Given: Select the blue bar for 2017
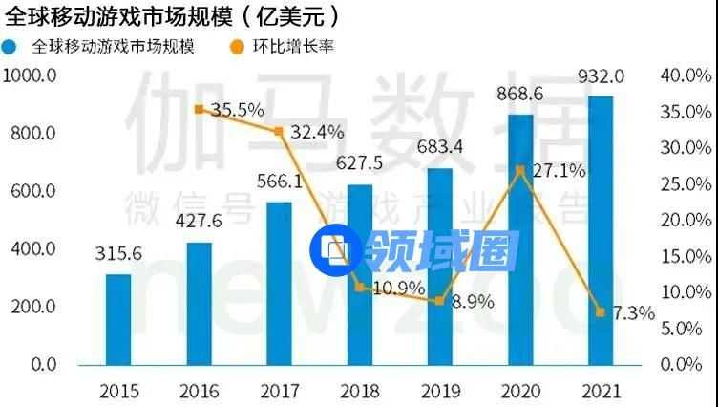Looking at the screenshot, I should click(x=279, y=284).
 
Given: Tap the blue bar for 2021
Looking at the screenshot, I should click(x=600, y=230).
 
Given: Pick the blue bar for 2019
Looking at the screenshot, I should click(x=439, y=267).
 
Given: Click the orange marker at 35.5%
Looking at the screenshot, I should click(x=199, y=110).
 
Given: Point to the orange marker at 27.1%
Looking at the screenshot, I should click(x=519, y=170).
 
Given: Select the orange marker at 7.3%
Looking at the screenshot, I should click(x=600, y=312).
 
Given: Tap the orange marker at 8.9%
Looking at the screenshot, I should click(x=439, y=301).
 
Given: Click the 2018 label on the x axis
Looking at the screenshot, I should click(x=359, y=391).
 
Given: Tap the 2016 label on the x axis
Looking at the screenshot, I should click(x=199, y=391).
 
